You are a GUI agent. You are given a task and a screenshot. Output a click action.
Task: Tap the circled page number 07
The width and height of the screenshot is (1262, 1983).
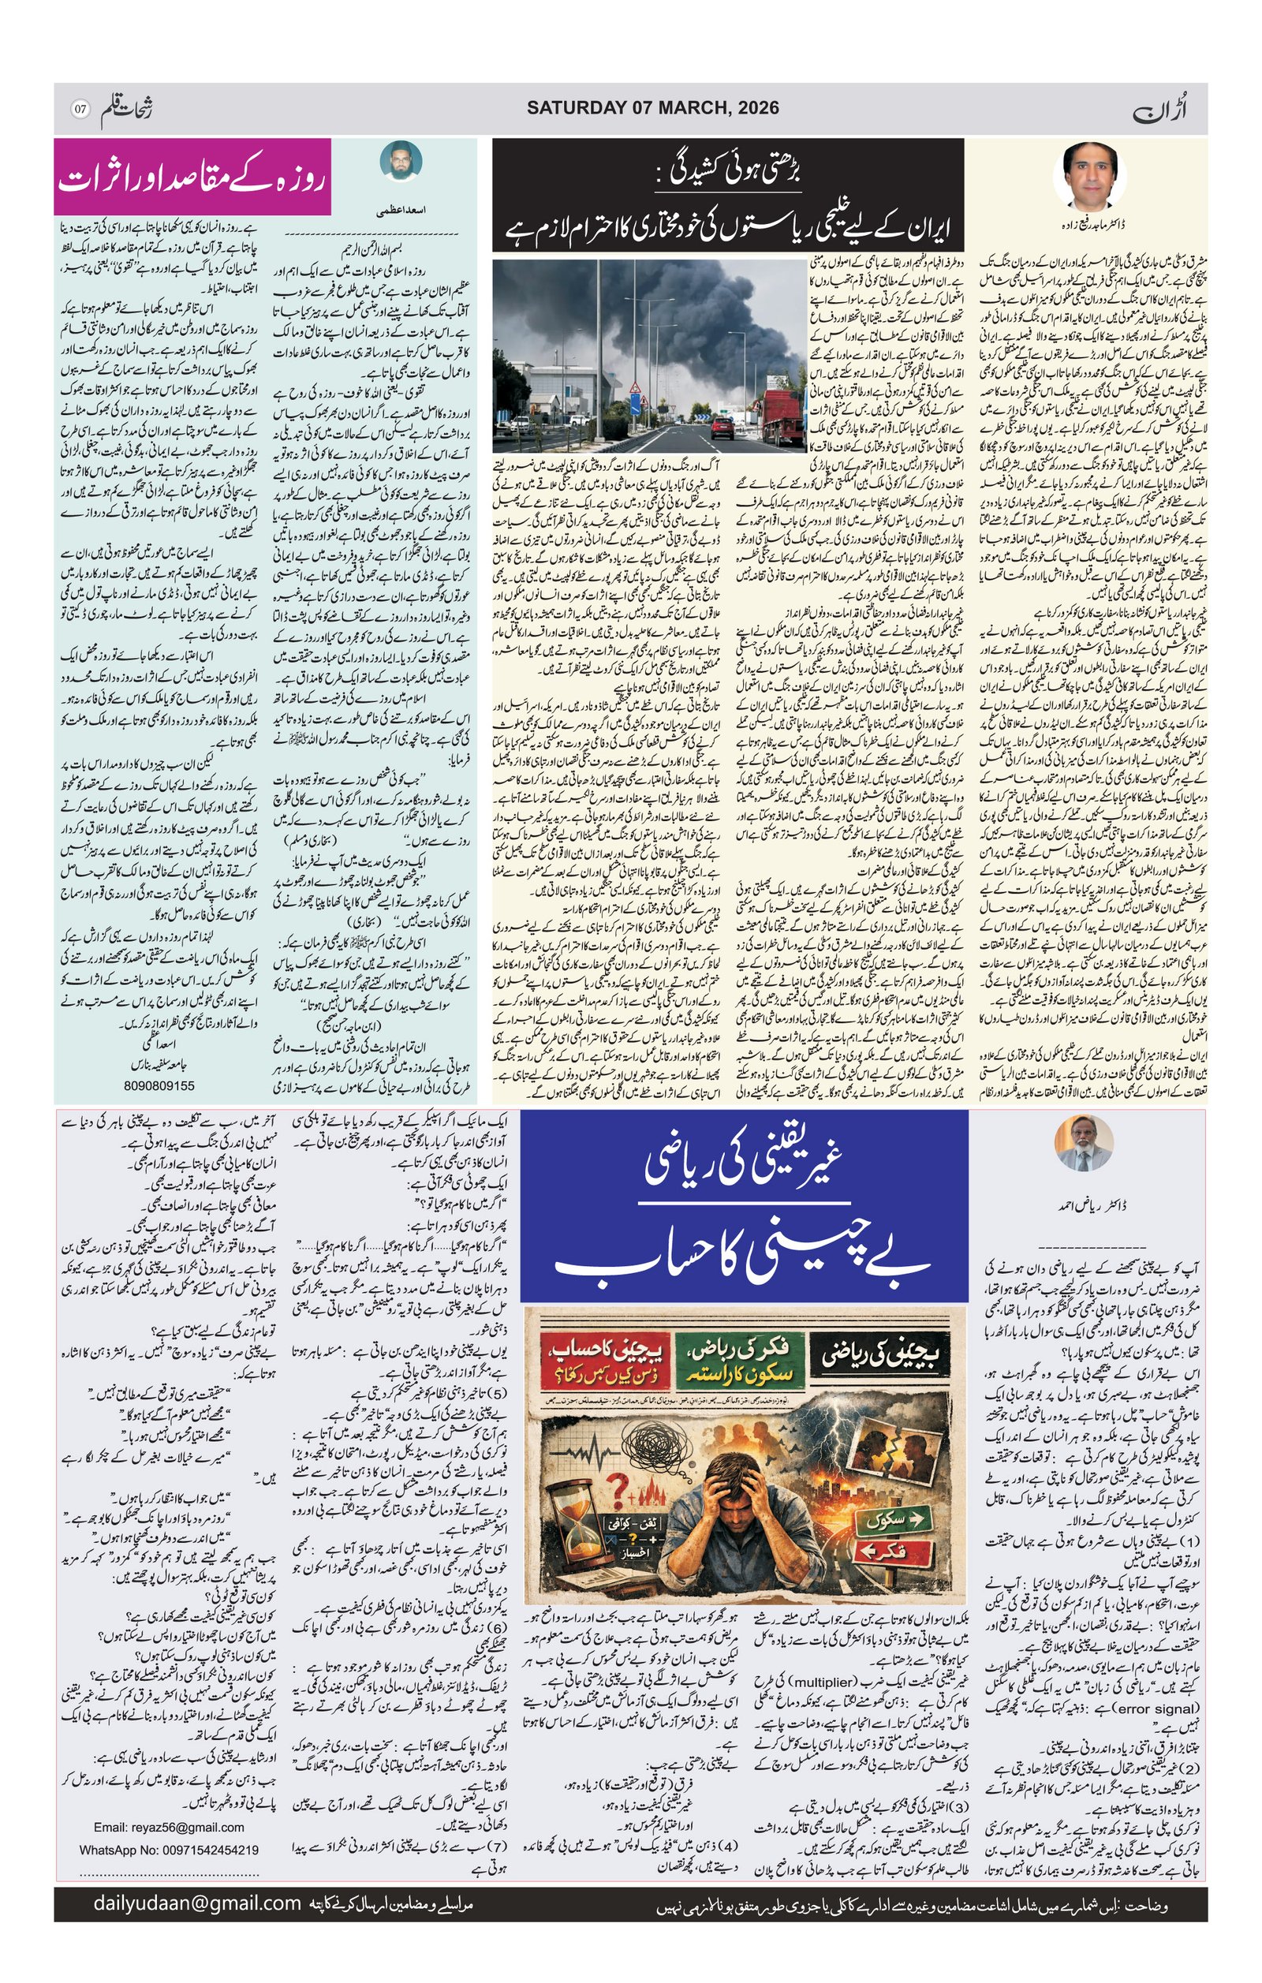[x=80, y=109]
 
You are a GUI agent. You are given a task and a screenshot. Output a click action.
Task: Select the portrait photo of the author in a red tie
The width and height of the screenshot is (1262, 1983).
[x=1089, y=174]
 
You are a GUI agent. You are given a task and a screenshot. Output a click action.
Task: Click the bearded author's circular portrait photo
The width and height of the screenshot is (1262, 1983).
[x=401, y=162]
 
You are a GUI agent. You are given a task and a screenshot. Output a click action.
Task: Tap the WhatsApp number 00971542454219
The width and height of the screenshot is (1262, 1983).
[x=169, y=1850]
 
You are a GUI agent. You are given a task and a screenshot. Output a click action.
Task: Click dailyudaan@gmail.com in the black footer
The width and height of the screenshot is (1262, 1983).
[x=196, y=1903]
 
